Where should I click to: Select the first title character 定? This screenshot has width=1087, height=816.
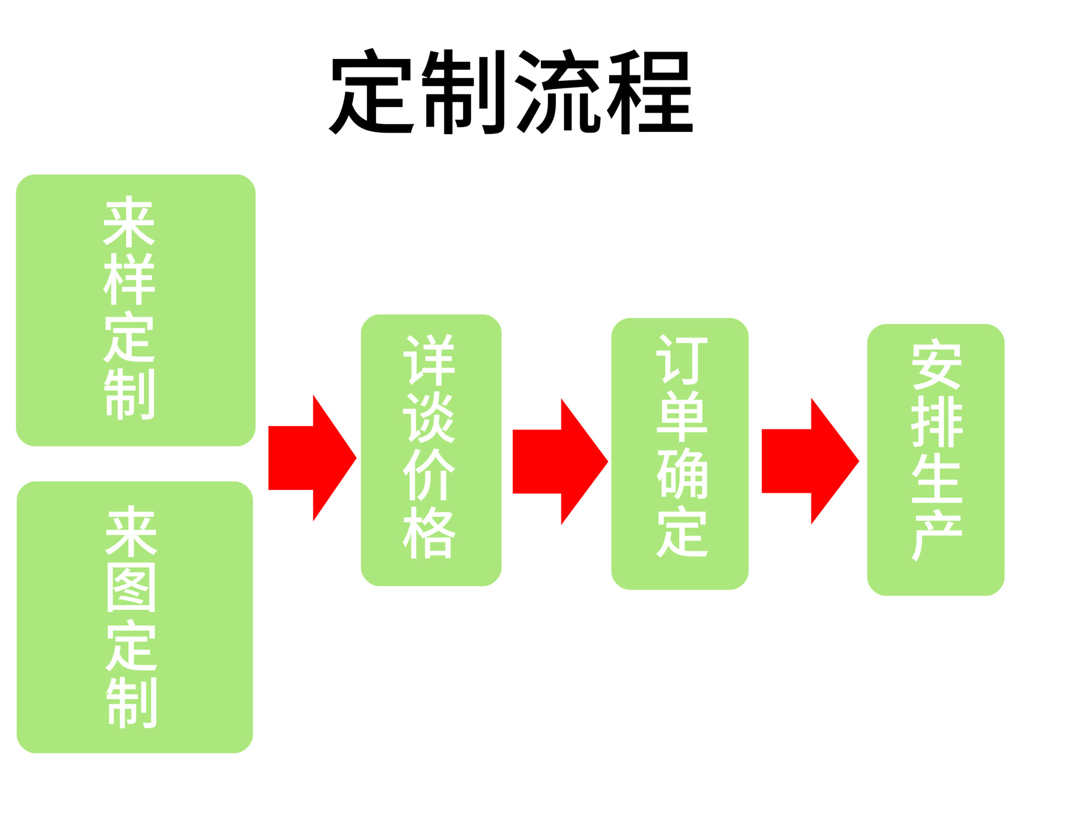pos(371,92)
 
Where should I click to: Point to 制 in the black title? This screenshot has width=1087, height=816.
pos(463,92)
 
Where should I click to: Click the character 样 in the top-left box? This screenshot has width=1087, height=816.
pos(129,279)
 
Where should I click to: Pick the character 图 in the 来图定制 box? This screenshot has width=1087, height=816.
pos(131,587)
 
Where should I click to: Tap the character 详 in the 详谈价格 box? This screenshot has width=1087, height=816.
pos(429,360)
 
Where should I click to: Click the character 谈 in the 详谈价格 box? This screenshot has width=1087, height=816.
pos(429,417)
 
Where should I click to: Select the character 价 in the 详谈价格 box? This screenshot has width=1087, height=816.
pos(429,475)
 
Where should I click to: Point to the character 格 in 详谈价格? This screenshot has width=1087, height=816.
pos(429,532)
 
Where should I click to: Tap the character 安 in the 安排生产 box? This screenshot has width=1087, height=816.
pos(936,364)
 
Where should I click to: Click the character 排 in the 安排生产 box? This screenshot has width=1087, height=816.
pos(936,421)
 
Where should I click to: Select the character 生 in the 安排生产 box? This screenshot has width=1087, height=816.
pos(936,477)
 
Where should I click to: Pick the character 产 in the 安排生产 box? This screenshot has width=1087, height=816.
pos(936,535)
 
